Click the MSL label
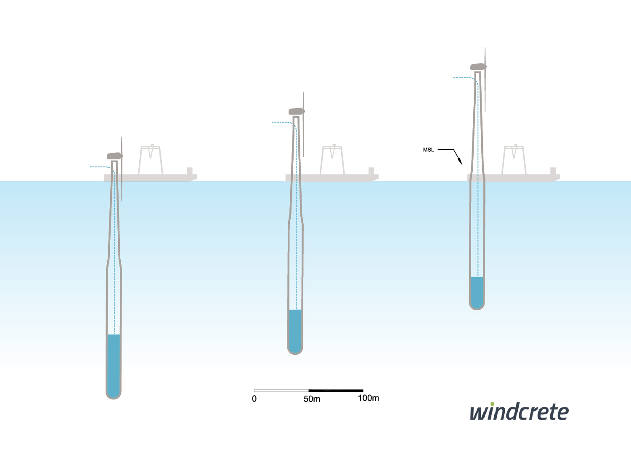428,150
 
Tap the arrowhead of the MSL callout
460,162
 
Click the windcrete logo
519,412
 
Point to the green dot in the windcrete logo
492,404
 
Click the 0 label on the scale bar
254,399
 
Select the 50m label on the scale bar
312,399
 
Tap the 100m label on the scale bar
368,398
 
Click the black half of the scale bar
336,391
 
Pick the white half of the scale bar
281,391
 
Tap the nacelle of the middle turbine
296,111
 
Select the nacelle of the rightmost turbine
478,67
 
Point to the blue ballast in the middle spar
295,330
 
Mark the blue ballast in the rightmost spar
477,291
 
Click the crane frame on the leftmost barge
151,160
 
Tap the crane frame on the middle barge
332,160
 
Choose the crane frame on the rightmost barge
514,160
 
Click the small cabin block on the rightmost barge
553,171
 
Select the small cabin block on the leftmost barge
190,171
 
